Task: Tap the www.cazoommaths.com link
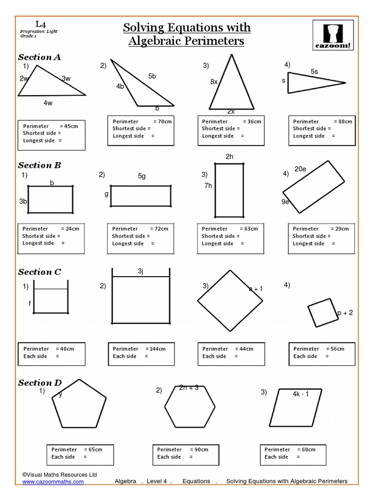(x=53, y=481)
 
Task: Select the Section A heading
(x=39, y=57)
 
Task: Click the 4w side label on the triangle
(x=48, y=103)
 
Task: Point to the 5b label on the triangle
(x=152, y=76)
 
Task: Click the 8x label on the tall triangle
(x=214, y=82)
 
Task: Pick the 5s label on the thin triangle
(x=314, y=72)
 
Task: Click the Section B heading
(x=39, y=165)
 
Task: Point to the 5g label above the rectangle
(x=141, y=176)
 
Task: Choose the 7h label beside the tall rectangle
(x=208, y=186)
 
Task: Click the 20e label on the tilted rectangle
(x=300, y=169)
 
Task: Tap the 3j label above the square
(x=140, y=271)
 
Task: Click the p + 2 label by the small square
(x=345, y=313)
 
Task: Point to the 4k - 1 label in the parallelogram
(x=301, y=394)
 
